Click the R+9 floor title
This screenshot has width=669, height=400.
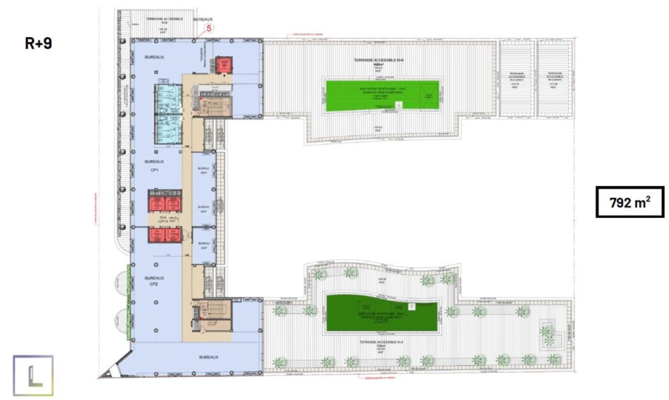39,43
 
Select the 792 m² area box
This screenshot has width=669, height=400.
630,202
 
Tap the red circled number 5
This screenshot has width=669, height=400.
209,29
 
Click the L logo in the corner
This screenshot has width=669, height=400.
33,375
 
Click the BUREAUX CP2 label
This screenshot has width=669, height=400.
154,281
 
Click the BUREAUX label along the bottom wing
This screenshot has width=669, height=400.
208,357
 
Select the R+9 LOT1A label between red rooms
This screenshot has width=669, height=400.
163,219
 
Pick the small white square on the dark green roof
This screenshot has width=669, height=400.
411,305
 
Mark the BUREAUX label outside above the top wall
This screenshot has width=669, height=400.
203,19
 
